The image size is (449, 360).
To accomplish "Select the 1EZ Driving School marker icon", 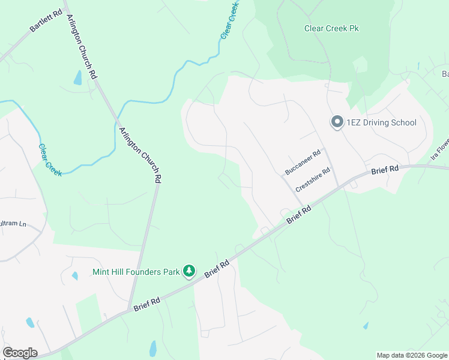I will click(x=337, y=122).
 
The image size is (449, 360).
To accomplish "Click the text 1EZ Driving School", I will click(x=381, y=122).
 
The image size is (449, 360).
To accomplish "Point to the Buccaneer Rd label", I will click(x=303, y=162).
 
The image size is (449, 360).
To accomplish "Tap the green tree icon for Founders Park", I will click(x=189, y=272).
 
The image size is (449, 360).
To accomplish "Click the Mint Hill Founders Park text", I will click(x=136, y=272).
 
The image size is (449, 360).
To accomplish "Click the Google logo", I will click(x=20, y=353).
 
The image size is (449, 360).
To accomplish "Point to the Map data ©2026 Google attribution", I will click(x=412, y=355).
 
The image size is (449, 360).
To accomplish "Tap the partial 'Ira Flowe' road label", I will click(x=439, y=149).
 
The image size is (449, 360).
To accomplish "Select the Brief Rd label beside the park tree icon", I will click(x=217, y=268).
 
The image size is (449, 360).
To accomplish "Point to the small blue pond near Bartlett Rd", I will click(x=77, y=77).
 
